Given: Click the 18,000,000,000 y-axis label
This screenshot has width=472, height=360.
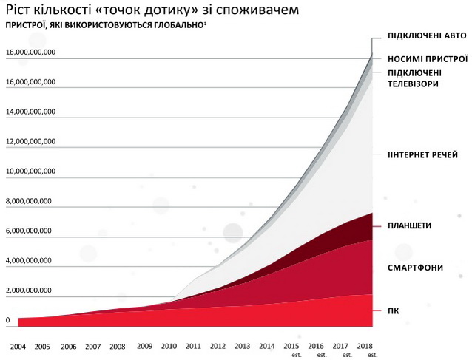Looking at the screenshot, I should click(x=31, y=52).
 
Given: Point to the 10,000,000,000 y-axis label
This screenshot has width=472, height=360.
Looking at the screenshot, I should click(x=31, y=171).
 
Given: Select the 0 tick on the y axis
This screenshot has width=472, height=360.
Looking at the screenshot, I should click(x=7, y=321).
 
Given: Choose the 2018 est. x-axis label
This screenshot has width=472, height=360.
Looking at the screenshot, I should click(x=366, y=348).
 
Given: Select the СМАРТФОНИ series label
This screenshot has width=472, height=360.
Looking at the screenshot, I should click(x=416, y=266).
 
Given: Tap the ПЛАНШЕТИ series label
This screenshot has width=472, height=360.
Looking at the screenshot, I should click(x=411, y=225).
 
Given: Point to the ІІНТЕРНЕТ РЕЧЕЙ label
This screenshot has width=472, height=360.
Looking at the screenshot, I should click(x=423, y=155).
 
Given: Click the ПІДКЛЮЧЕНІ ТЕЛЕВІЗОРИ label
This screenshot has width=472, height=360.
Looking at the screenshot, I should click(x=414, y=78).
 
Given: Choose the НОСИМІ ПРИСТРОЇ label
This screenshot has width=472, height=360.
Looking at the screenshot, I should click(x=428, y=58).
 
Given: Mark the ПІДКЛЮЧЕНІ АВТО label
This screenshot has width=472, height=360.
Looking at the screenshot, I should click(x=427, y=36).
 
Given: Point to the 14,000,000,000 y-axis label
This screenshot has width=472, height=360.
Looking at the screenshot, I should click(x=31, y=112).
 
